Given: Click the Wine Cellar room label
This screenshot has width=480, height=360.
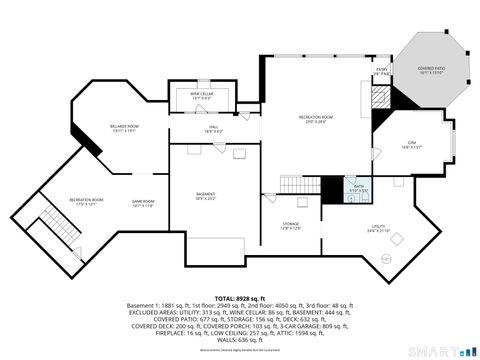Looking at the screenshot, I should click(201, 96).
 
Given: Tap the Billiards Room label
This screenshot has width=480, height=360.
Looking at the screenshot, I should click(125, 127).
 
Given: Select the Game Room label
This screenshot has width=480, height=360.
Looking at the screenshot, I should click(143, 203).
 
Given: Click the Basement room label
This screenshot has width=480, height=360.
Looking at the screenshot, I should click(205, 195).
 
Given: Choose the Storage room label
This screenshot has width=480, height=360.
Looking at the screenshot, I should click(291, 226).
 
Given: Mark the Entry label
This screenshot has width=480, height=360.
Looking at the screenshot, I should click(381, 71).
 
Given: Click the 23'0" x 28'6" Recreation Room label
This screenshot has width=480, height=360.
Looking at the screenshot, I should click(315, 120).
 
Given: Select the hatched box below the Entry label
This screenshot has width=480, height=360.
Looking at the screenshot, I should click(380, 93).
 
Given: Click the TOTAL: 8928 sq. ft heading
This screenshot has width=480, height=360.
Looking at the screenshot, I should click(239, 298).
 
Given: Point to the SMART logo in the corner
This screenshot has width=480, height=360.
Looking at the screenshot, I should click(444, 351).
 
